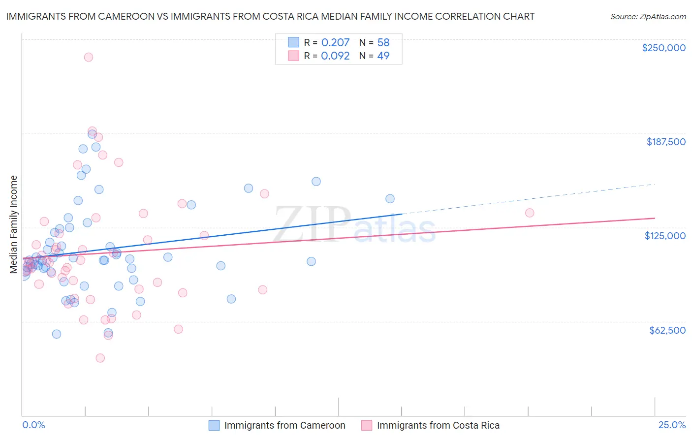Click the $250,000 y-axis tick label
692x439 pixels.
[x=663, y=48]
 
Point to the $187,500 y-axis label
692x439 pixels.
[x=666, y=142]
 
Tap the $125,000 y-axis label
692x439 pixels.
[x=665, y=236]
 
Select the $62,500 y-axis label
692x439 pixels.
[x=667, y=330]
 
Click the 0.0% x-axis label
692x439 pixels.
[x=34, y=425]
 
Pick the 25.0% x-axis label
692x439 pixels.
[x=672, y=425]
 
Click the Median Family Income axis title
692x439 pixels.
[x=13, y=224]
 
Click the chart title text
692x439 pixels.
[x=270, y=16]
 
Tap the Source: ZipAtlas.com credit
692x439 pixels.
[x=648, y=16]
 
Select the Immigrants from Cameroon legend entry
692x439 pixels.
[x=284, y=425]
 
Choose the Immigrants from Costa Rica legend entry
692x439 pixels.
[x=438, y=425]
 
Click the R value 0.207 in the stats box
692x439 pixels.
[x=335, y=42]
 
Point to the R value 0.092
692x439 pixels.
[x=335, y=56]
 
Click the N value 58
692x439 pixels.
[x=383, y=42]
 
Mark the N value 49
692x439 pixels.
[x=383, y=56]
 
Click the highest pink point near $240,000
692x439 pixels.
[x=89, y=57]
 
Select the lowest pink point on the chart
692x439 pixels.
[x=100, y=358]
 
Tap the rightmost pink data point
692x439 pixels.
[x=530, y=213]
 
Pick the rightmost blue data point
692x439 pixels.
[x=390, y=199]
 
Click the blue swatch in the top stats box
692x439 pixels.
[x=294, y=42]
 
